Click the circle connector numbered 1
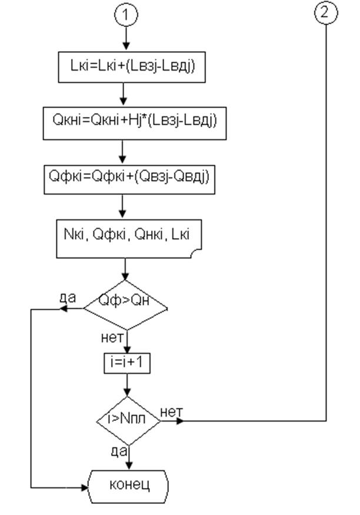point(126,15)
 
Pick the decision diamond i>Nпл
point(128,421)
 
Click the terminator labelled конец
point(128,487)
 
